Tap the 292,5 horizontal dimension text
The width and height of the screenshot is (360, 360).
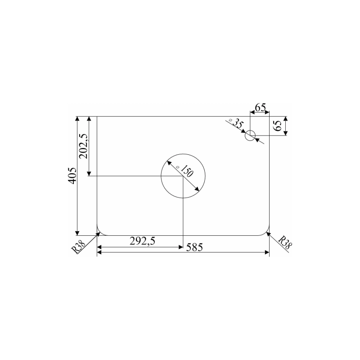[143, 241]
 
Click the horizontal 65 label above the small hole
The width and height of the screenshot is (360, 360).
[261, 108]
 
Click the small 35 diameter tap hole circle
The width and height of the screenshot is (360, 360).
[250, 136]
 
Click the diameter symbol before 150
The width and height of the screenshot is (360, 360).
[178, 167]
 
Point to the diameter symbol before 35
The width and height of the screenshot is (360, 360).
[230, 121]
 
